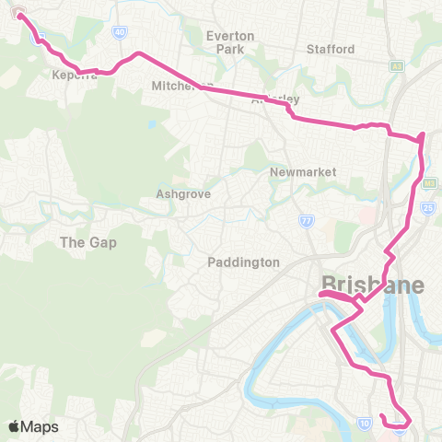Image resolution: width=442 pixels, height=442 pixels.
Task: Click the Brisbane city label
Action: [x=372, y=285]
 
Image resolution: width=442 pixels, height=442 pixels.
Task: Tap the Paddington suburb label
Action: [x=244, y=262]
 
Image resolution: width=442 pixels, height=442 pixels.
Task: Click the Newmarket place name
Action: [x=303, y=172]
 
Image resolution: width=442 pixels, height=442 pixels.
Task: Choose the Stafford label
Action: [x=331, y=49]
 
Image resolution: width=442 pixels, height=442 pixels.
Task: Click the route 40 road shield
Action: [x=120, y=31]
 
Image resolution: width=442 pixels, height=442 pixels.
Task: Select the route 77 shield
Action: [x=305, y=221]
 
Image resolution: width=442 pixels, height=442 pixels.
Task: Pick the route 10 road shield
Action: [x=366, y=422]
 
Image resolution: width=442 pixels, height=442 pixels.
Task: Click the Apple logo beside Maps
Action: [x=14, y=426]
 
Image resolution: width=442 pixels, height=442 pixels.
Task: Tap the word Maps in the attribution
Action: [x=41, y=426]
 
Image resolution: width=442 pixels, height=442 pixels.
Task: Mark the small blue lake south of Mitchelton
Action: [x=151, y=124]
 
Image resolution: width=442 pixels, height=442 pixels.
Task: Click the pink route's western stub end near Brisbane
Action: [x=320, y=295]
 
